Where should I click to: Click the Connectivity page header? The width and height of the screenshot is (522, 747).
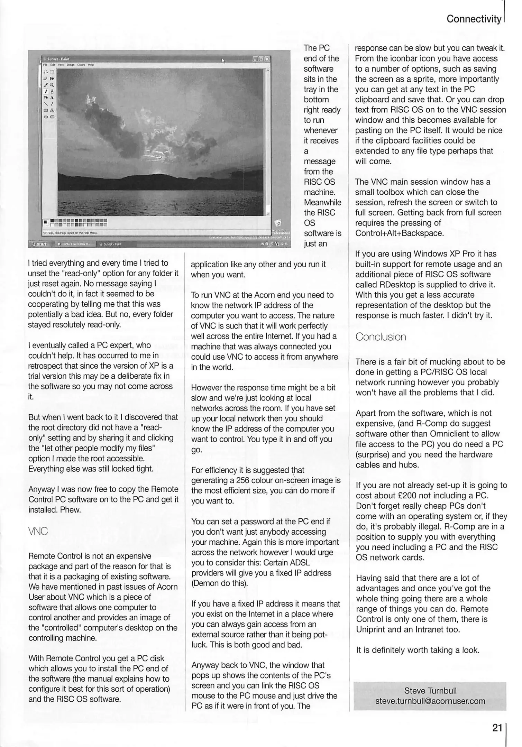click(x=473, y=19)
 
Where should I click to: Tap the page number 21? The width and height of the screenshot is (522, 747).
click(x=497, y=728)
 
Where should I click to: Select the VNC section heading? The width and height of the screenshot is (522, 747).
click(x=38, y=531)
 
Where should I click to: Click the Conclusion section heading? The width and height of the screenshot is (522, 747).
click(x=381, y=337)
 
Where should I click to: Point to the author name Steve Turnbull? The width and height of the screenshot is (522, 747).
click(x=430, y=691)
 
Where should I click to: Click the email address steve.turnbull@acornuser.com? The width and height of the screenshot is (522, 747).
click(x=430, y=701)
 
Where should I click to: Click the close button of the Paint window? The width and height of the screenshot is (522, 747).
click(x=267, y=59)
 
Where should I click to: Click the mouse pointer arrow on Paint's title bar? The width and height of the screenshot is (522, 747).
click(x=223, y=61)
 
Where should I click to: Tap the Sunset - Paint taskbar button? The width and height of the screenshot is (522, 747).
click(x=112, y=244)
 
